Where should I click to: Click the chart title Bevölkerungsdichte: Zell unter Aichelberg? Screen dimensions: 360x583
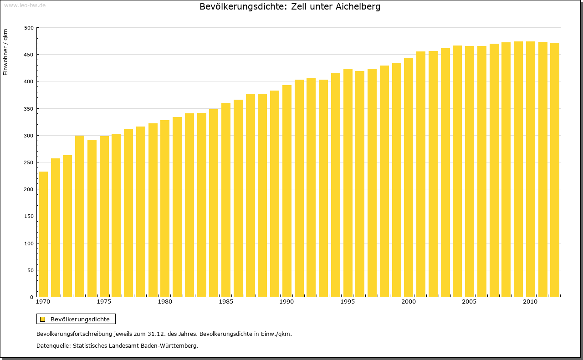(290, 7)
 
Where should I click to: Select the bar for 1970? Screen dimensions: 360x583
(43, 234)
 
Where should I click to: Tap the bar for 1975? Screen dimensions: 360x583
(104, 216)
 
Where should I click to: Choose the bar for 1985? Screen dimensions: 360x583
(226, 200)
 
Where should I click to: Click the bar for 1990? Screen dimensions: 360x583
(287, 191)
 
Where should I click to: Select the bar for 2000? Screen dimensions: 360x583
(409, 177)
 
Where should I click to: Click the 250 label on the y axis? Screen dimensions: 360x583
(29, 162)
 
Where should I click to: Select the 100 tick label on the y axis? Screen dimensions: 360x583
(29, 243)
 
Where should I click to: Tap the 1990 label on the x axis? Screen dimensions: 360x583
(286, 302)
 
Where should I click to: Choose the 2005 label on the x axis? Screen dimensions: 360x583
(469, 302)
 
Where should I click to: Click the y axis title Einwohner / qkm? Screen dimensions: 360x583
(5, 52)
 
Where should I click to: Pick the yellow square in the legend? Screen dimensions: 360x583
(42, 319)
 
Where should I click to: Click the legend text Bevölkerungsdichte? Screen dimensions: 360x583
(80, 319)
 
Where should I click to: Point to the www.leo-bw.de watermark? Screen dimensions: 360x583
(25, 5)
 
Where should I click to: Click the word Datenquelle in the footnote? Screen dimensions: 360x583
(53, 345)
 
